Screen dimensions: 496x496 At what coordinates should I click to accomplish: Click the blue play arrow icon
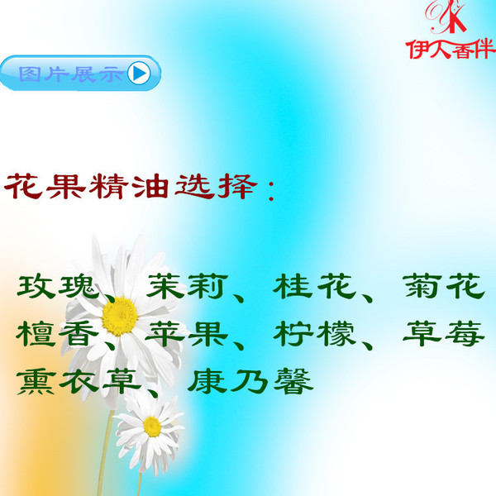[x=139, y=74]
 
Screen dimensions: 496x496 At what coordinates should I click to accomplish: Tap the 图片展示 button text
[x=70, y=74]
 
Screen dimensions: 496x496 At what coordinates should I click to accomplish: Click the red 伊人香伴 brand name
[x=451, y=49]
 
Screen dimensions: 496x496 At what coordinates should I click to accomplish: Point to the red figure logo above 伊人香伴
[x=446, y=17]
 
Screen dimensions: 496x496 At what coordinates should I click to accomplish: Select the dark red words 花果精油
[x=86, y=186]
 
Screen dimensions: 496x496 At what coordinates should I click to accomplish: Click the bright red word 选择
[x=215, y=186]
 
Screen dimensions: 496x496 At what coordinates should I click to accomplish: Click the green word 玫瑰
[x=58, y=287]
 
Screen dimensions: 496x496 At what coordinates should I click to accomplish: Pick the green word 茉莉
[x=188, y=286]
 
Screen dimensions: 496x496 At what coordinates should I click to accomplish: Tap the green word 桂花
[x=315, y=286]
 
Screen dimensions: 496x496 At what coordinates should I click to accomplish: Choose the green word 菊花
[x=444, y=286]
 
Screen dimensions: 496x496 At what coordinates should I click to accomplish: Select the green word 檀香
[x=58, y=334]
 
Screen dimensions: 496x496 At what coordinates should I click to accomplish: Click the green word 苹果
[x=187, y=334]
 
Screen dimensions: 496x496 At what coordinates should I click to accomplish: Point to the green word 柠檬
[x=314, y=334]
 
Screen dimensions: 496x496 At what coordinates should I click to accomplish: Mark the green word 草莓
[x=444, y=334]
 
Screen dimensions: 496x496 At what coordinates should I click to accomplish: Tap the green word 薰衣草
[x=79, y=381]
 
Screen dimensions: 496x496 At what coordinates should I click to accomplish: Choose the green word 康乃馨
[x=250, y=381]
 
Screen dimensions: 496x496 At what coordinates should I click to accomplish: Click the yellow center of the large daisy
[x=120, y=316]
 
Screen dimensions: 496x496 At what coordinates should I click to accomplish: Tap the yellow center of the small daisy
[x=152, y=427]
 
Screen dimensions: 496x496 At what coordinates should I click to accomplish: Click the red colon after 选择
[x=271, y=190]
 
